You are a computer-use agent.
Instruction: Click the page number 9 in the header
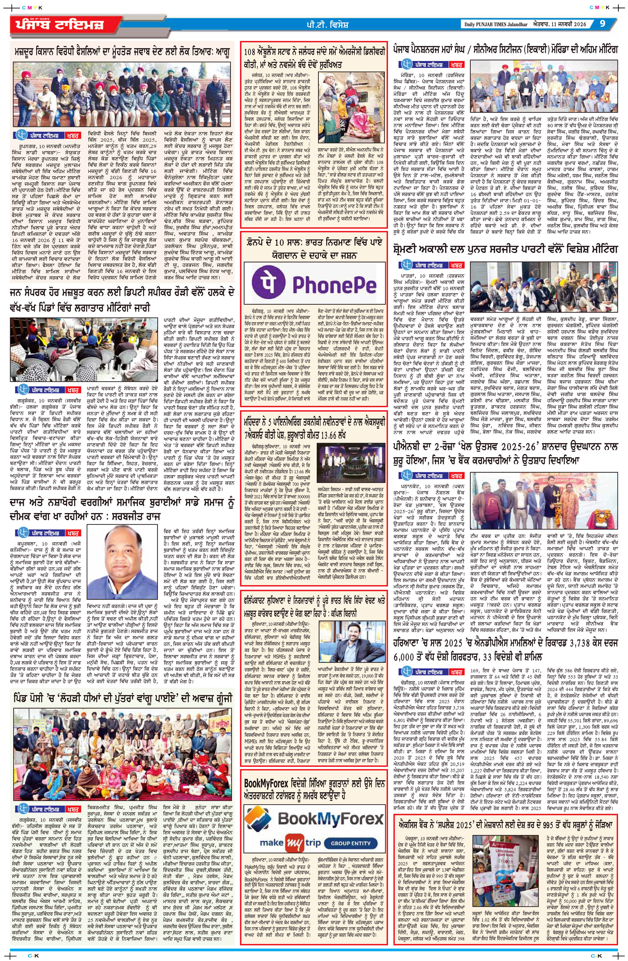point(603,24)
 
